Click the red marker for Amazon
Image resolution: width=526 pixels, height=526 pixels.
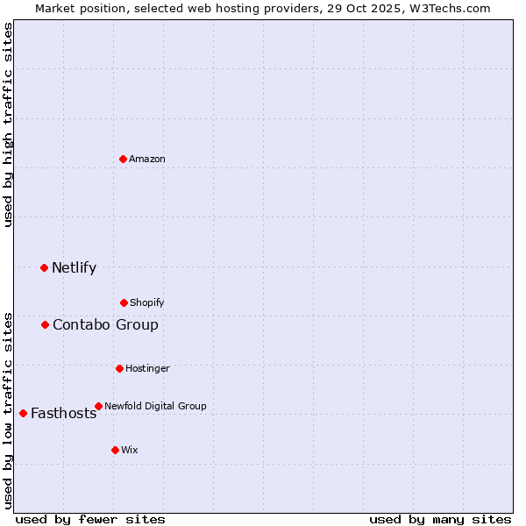pyautogui.click(x=123, y=159)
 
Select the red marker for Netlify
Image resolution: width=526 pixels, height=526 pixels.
pyautogui.click(x=44, y=267)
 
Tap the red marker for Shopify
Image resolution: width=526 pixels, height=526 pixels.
pyautogui.click(x=124, y=302)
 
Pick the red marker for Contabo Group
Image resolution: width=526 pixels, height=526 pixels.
pyautogui.click(x=45, y=324)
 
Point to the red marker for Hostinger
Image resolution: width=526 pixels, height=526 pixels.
pyautogui.click(x=119, y=368)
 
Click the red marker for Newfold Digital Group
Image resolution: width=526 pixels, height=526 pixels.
pyautogui.click(x=98, y=406)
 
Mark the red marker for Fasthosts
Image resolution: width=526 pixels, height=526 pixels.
pyautogui.click(x=23, y=413)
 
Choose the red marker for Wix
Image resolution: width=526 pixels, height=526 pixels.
pyautogui.click(x=115, y=450)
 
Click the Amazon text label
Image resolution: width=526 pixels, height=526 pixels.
pyautogui.click(x=147, y=159)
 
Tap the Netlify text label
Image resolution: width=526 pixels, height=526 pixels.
pyautogui.click(x=74, y=268)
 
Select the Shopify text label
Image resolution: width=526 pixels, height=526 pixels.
pyautogui.click(x=147, y=302)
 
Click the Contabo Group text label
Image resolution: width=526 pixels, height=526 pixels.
pyautogui.click(x=105, y=325)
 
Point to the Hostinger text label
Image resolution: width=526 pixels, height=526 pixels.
pyautogui.click(x=147, y=368)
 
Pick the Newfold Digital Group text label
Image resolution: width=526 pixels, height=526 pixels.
pyautogui.click(x=155, y=406)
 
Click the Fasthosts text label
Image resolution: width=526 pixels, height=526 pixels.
pyautogui.click(x=63, y=414)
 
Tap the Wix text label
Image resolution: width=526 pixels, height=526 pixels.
pyautogui.click(x=130, y=450)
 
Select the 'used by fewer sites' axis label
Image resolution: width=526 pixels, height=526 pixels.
pyautogui.click(x=90, y=519)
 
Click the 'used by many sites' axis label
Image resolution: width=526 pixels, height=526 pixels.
pyautogui.click(x=440, y=519)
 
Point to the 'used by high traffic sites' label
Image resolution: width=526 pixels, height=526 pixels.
pyautogui.click(x=8, y=124)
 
